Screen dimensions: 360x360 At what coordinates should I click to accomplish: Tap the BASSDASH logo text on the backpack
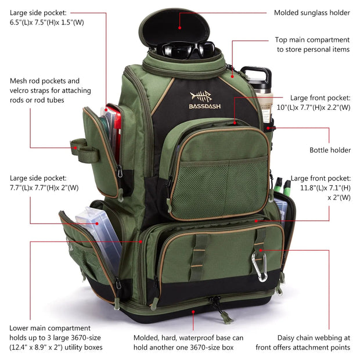point(204,106)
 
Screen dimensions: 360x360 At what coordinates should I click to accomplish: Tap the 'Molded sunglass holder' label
point(312,12)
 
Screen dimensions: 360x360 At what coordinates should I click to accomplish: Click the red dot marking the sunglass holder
point(181,27)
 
